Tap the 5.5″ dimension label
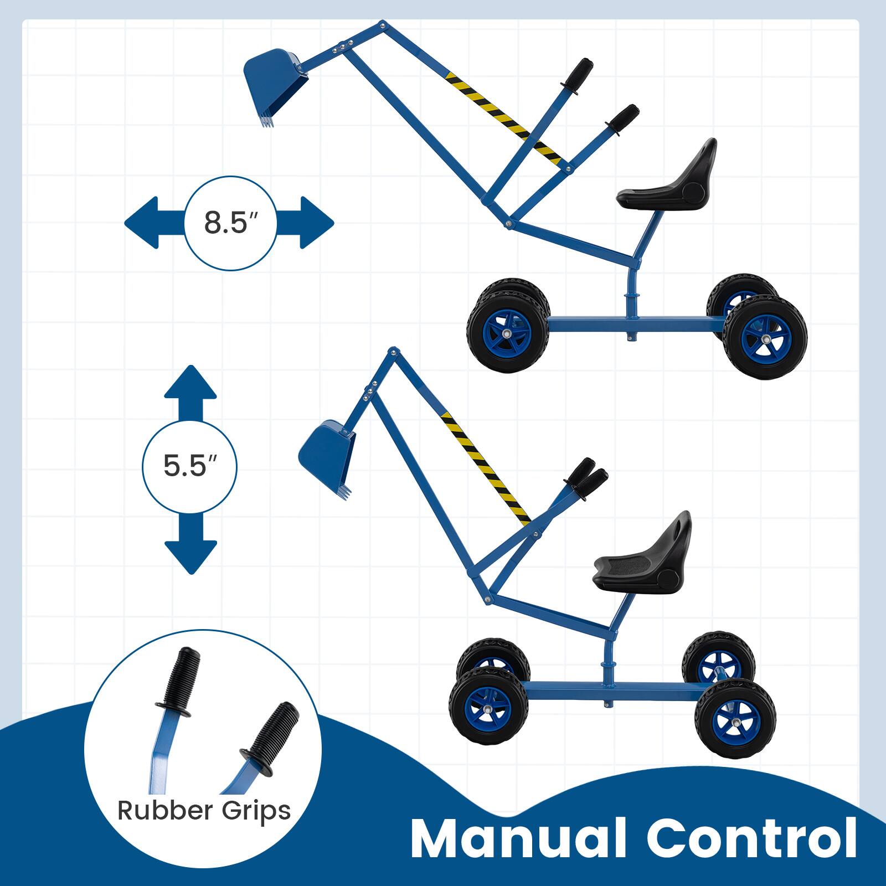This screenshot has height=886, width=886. [x=189, y=467]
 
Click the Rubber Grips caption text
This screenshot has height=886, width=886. [x=204, y=810]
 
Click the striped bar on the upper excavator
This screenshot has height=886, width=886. [x=504, y=116]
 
